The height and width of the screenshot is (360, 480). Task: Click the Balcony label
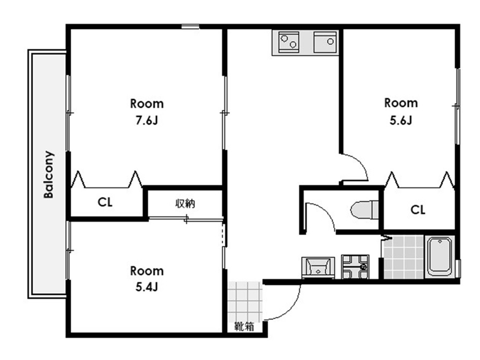click(48, 174)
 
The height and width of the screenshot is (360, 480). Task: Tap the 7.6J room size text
click(147, 120)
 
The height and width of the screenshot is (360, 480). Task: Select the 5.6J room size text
click(401, 120)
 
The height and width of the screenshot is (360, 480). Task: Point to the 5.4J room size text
click(146, 287)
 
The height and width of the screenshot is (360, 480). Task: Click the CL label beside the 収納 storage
click(105, 202)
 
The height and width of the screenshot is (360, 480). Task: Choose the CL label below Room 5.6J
click(418, 210)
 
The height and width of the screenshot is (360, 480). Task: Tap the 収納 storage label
click(185, 204)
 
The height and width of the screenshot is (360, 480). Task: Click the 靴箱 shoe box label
click(244, 326)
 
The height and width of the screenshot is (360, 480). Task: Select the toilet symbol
click(364, 210)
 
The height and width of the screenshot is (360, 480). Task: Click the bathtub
click(440, 257)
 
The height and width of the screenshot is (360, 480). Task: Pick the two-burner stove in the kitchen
click(289, 42)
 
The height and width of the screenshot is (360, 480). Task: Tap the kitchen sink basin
click(325, 42)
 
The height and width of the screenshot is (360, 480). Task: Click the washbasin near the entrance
click(318, 268)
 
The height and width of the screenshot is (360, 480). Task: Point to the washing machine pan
click(355, 267)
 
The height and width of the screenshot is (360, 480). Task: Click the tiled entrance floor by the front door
click(245, 302)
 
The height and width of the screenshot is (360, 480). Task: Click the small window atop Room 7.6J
click(190, 27)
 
